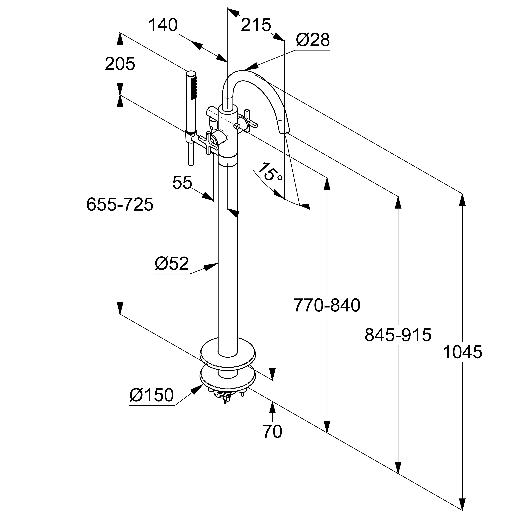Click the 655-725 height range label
point(120,204)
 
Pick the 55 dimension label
point(182,183)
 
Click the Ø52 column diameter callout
point(172,263)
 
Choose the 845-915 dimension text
point(398,335)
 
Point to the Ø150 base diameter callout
point(152,395)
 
